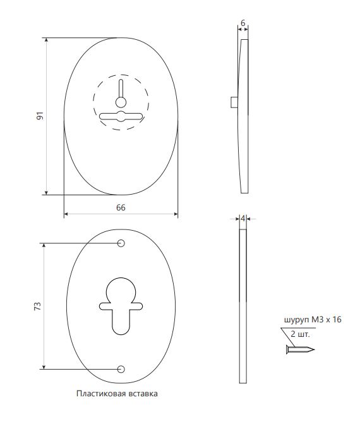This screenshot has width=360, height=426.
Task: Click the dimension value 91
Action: pyautogui.click(x=40, y=116)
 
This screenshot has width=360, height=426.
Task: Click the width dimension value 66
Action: pyautogui.click(x=121, y=207)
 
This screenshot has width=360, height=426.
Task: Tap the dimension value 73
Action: pyautogui.click(x=38, y=306)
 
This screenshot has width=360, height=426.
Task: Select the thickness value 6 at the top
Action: pyautogui.click(x=243, y=23)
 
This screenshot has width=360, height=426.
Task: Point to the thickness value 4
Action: pyautogui.click(x=243, y=218)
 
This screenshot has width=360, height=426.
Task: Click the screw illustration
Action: pyautogui.click(x=300, y=349)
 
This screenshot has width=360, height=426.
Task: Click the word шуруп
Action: pyautogui.click(x=296, y=320)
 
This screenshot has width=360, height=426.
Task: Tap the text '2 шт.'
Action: pyautogui.click(x=300, y=334)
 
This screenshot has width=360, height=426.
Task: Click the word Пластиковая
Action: pyautogui.click(x=99, y=394)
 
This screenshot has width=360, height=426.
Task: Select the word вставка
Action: pyautogui.click(x=141, y=394)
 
